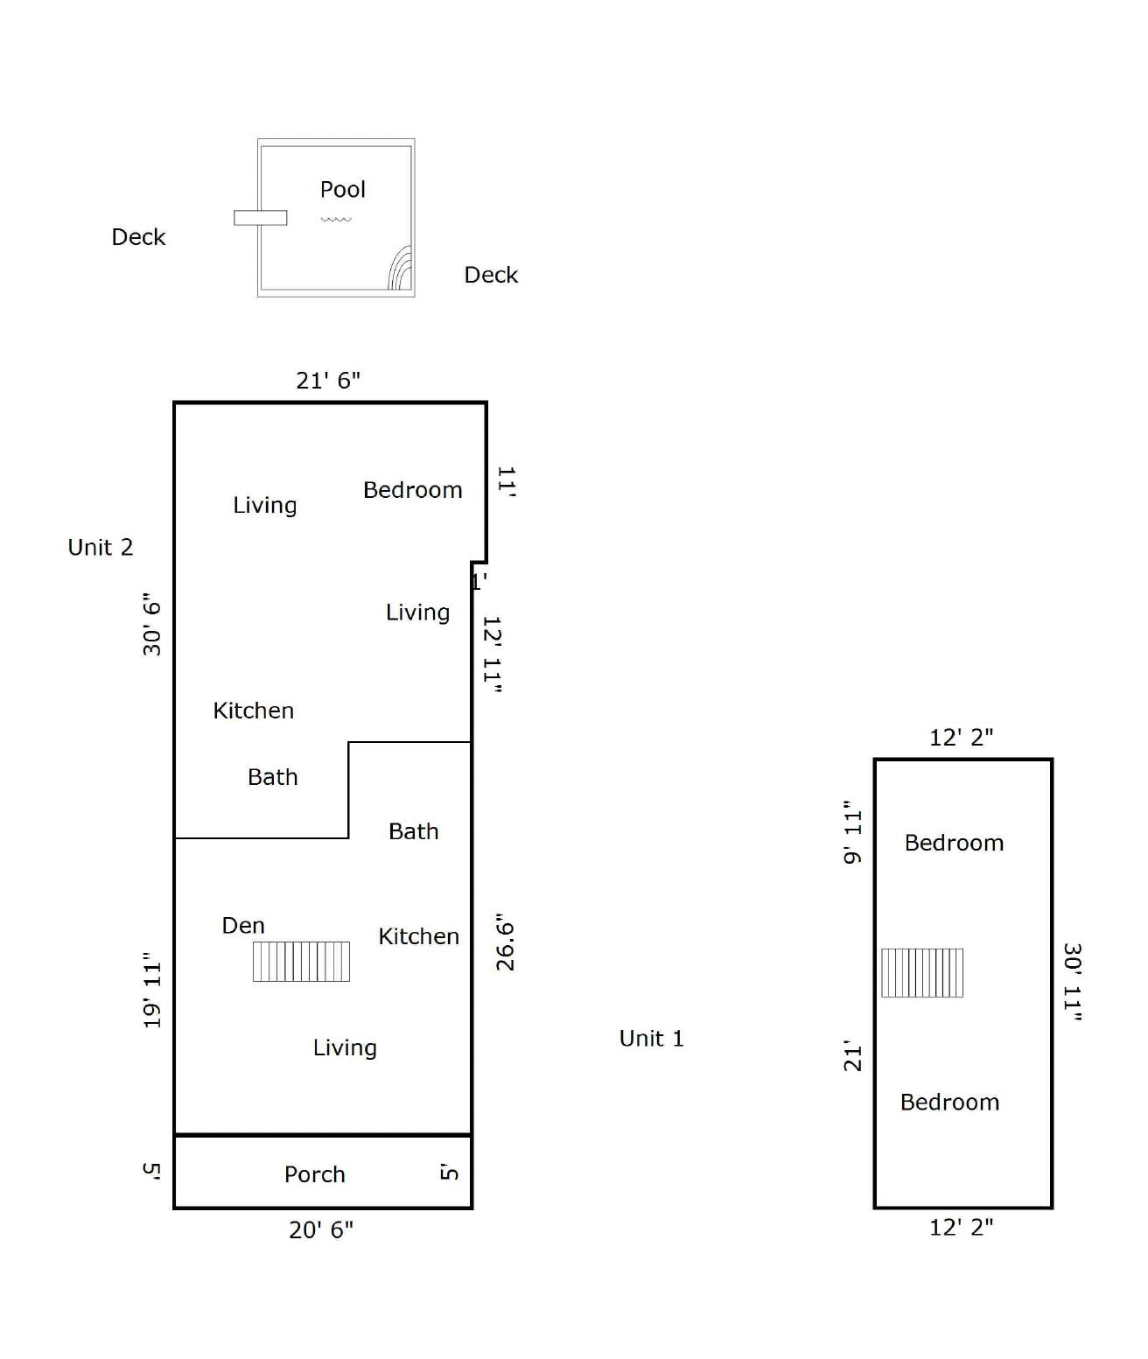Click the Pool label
(342, 189)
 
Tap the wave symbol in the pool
(336, 219)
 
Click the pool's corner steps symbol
(401, 270)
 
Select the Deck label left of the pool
(138, 237)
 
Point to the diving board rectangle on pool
(260, 218)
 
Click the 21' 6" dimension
(328, 381)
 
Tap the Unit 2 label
(101, 547)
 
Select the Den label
(243, 926)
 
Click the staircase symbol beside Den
(301, 962)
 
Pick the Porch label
(315, 1174)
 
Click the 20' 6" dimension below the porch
(321, 1229)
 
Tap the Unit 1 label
(651, 1039)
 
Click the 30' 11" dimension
(1072, 982)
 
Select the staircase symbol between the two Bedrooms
(922, 973)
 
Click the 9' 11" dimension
(853, 831)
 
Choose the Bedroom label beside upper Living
(413, 490)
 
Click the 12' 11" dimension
(492, 655)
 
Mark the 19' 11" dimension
(152, 991)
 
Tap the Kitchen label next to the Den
(418, 936)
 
